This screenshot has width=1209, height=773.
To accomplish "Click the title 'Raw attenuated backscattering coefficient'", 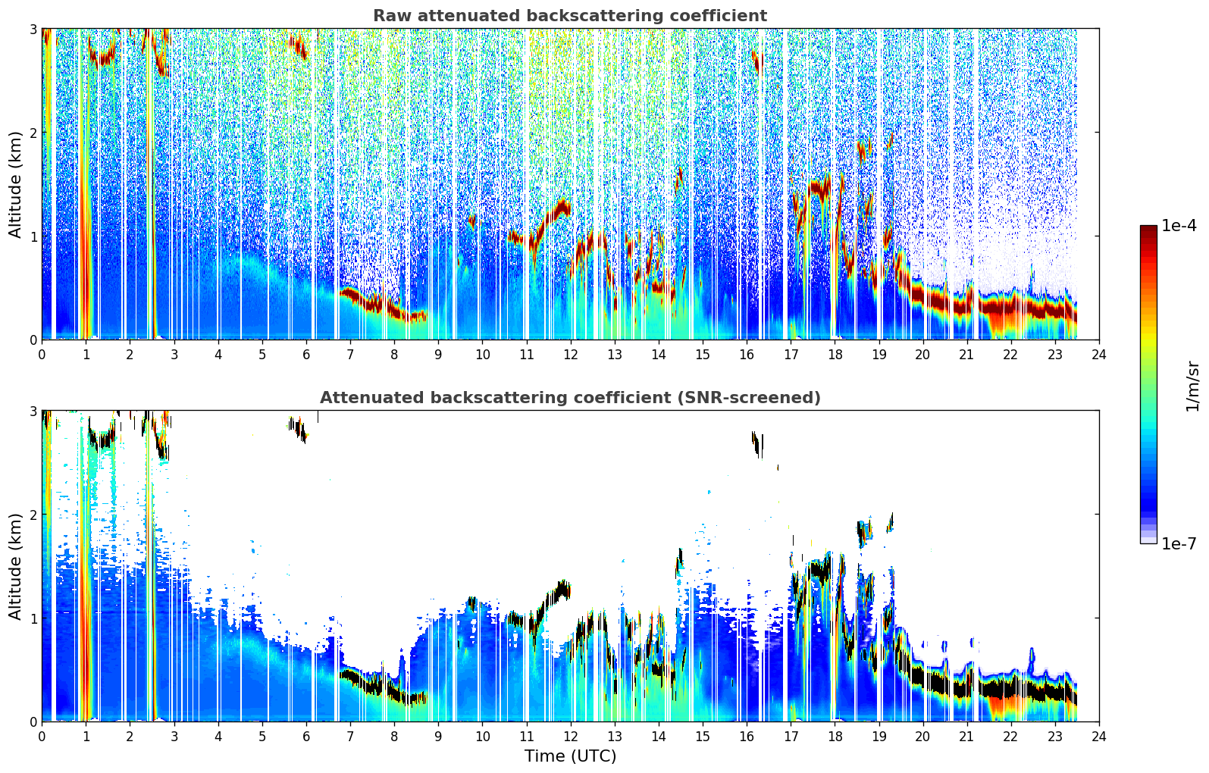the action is pos(570,16).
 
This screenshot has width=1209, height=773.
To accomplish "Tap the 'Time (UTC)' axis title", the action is pos(570,756).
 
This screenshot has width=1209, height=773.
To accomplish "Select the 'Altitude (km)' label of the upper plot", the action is pos(16,185).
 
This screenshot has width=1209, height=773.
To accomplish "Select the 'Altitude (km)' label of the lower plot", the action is pos(16,566).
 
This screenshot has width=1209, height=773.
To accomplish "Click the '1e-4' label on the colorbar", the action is pos(1179,226).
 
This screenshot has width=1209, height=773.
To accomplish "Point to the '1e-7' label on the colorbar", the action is pos(1179,543).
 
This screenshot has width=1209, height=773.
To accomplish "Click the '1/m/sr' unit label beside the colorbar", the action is pos(1192,386).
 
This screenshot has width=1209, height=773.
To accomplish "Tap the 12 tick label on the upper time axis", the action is pos(571,355).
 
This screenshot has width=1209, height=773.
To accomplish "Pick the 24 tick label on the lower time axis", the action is pos(1099,737).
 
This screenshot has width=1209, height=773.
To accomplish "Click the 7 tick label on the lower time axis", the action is pos(350,737).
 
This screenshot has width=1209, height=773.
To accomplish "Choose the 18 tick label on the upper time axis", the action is pos(835,355).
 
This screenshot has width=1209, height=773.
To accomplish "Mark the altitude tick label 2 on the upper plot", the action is pos(33,133).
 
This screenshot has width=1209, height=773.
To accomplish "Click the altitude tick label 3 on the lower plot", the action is pos(33,411).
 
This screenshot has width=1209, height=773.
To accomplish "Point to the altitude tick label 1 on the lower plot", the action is pos(33,618).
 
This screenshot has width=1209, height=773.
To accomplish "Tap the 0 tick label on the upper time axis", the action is pos(42,355).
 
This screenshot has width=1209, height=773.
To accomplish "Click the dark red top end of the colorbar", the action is pos(1148,228).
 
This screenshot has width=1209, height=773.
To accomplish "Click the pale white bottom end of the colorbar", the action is pos(1148,540).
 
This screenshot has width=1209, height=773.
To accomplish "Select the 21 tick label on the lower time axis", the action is pos(966,737).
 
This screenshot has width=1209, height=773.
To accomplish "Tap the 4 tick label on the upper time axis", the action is pos(218,355).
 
